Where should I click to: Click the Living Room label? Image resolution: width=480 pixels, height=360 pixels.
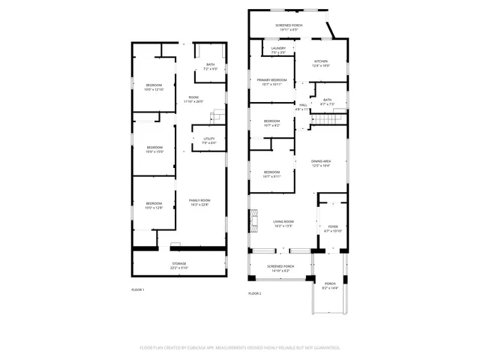point(283,223)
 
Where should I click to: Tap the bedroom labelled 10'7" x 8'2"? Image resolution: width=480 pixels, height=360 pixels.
point(271,123)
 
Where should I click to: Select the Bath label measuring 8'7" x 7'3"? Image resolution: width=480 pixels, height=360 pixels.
point(327,101)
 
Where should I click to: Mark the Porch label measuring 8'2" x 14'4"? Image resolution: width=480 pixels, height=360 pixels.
point(330,286)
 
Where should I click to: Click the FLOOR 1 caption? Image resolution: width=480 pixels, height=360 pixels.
point(138,289)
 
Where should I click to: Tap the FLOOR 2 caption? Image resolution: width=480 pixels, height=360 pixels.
point(255,293)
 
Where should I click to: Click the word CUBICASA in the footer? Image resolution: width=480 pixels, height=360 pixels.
point(190,348)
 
